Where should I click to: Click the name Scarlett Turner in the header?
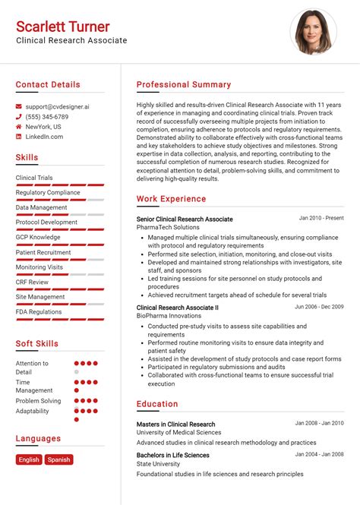point(63,27)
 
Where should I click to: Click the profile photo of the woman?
point(314,33)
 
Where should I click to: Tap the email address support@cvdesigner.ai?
point(57,107)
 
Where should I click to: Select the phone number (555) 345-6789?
point(47,117)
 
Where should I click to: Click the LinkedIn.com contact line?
point(44,137)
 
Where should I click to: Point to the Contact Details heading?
point(48,85)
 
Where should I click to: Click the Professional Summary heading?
point(184,85)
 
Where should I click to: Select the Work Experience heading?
point(171,199)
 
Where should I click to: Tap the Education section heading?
point(157,404)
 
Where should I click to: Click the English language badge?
point(29,459)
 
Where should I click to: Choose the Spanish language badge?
point(58,459)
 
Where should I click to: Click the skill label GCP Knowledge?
point(38,237)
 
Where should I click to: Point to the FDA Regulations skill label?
point(39,311)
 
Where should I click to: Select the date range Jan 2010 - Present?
point(321,219)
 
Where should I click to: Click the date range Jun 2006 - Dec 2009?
point(319,307)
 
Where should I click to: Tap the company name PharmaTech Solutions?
point(168,228)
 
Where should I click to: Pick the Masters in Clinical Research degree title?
point(175,425)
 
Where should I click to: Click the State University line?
point(159,464)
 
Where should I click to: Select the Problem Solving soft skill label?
point(38,400)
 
